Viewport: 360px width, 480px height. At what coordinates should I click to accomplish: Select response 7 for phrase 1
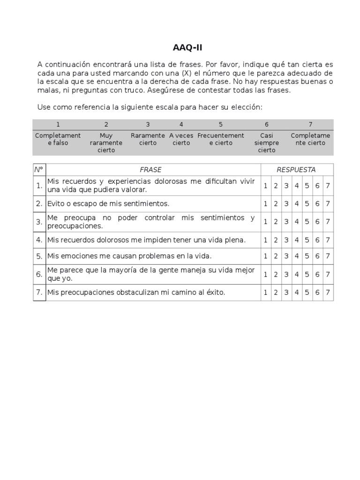pos(328,186)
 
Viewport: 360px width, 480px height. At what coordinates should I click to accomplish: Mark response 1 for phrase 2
pos(265,203)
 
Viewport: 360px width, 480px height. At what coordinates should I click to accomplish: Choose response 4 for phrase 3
pos(297,222)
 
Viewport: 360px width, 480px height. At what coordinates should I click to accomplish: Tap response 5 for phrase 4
pos(307,240)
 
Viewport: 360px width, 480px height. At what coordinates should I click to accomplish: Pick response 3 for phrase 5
pos(286,256)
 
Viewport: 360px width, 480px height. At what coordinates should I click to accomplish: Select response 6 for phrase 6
pos(317,274)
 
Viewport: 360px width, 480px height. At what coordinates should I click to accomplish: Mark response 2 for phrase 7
pos(276,292)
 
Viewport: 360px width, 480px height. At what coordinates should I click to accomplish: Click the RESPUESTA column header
pos(296,170)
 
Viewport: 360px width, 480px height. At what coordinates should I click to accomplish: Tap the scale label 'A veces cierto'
pos(181,139)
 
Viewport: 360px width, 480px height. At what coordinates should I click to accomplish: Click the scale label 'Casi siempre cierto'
pos(267,142)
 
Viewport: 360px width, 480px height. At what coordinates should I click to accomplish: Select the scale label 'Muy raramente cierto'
pos(106,142)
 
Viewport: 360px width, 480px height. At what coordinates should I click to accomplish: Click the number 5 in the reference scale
pos(220,124)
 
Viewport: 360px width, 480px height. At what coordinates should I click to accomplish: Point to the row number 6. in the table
pos(39,274)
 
